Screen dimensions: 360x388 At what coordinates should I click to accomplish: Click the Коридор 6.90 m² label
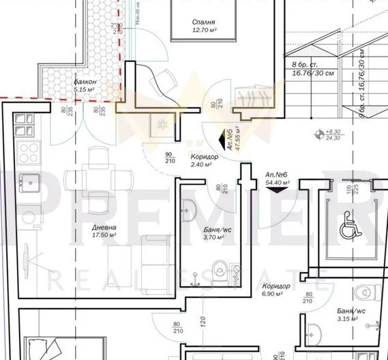(x=275, y=290)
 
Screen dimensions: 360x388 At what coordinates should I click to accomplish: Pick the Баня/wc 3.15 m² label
(x=350, y=314)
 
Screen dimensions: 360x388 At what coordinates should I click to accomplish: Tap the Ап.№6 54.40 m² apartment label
(x=277, y=179)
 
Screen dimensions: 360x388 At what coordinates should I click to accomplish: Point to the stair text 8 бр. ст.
(x=301, y=65)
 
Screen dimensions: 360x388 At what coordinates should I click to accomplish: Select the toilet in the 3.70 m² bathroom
(x=220, y=267)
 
